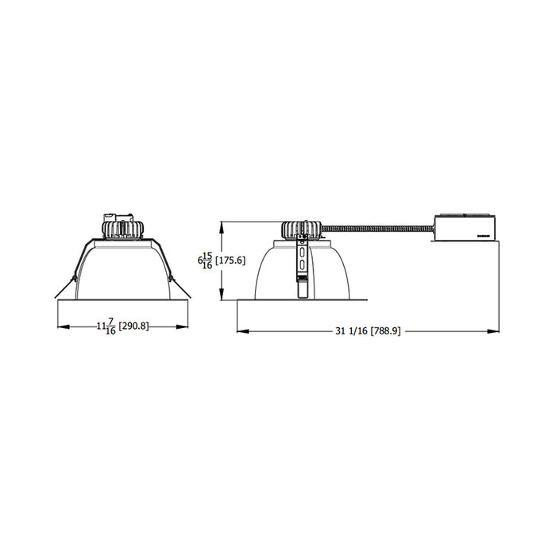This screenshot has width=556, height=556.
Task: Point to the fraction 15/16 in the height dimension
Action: click(208, 260)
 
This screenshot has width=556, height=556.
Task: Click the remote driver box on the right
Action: click(463, 226)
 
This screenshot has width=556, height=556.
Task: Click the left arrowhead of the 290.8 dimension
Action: click(61, 326)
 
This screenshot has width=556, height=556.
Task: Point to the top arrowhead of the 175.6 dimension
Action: click(222, 224)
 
